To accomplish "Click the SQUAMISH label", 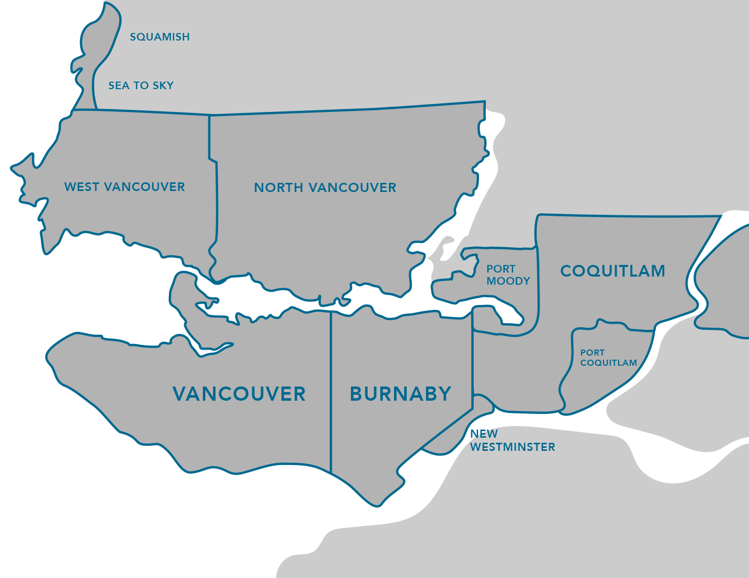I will pyautogui.click(x=160, y=37).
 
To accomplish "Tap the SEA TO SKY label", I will pyautogui.click(x=141, y=86).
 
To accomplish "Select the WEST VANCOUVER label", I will pyautogui.click(x=125, y=187).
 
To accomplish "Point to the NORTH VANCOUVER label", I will pyautogui.click(x=325, y=188).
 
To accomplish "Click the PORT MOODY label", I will pyautogui.click(x=508, y=275).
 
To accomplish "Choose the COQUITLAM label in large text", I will pyautogui.click(x=613, y=271).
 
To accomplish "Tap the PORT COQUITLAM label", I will pyautogui.click(x=608, y=358).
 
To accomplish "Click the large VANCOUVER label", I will pyautogui.click(x=239, y=394).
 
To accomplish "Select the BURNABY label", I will pyautogui.click(x=401, y=394).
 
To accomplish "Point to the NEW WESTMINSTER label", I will pyautogui.click(x=512, y=441).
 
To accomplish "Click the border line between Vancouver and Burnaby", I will pyautogui.click(x=331, y=390).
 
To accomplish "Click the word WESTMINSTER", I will pyautogui.click(x=513, y=447).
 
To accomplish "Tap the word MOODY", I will pyautogui.click(x=508, y=281).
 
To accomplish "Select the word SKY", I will pyautogui.click(x=163, y=86).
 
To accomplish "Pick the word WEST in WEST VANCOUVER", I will pyautogui.click(x=82, y=187).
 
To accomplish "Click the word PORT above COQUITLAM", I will pyautogui.click(x=592, y=353).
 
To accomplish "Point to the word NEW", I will pyautogui.click(x=484, y=434).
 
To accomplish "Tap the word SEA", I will pyautogui.click(x=119, y=86).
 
